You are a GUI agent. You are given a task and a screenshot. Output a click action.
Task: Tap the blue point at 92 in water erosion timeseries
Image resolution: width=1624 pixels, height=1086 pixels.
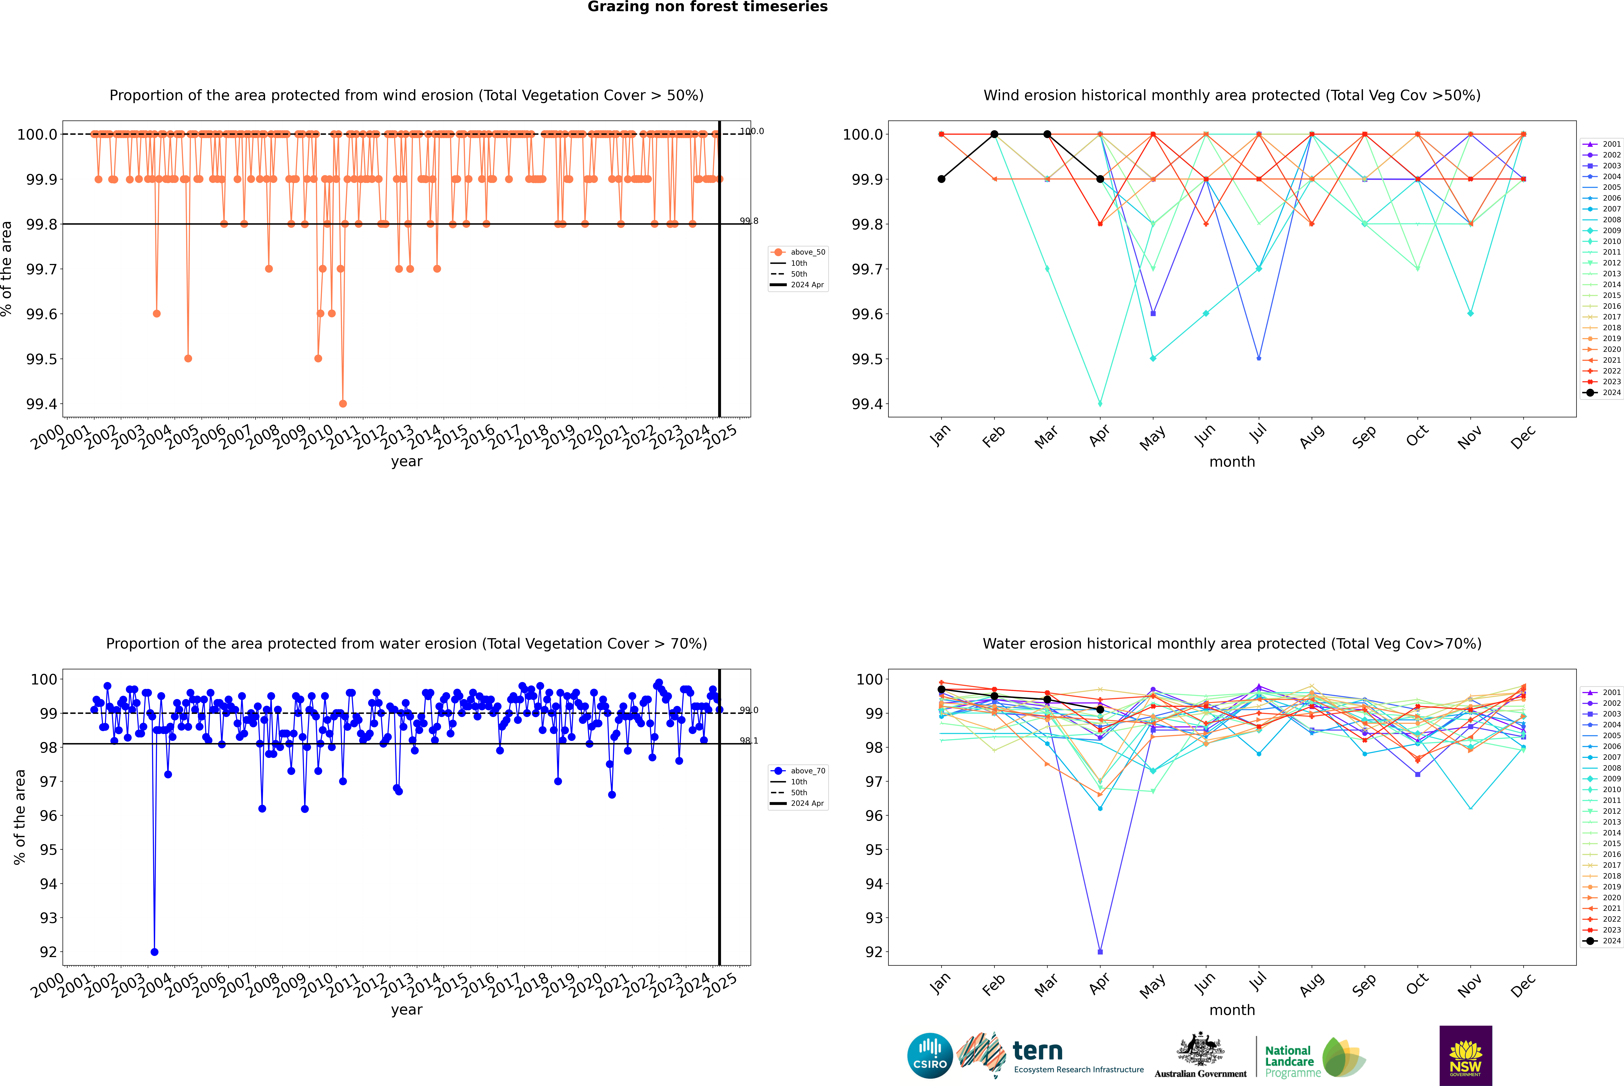154,952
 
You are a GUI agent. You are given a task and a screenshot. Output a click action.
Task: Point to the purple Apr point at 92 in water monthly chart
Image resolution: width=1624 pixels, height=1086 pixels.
1100,952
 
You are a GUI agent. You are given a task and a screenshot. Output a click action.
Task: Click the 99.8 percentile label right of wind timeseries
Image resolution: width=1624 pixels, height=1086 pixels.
749,221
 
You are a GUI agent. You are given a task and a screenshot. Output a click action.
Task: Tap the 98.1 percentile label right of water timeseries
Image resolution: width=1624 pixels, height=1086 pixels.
749,740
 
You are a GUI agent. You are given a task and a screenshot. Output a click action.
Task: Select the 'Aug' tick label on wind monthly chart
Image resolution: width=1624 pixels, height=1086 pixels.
1312,436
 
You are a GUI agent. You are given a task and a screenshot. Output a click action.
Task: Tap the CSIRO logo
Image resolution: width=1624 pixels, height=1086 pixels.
930,1056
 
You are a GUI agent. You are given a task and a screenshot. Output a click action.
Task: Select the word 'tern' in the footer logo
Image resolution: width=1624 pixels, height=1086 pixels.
1037,1051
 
